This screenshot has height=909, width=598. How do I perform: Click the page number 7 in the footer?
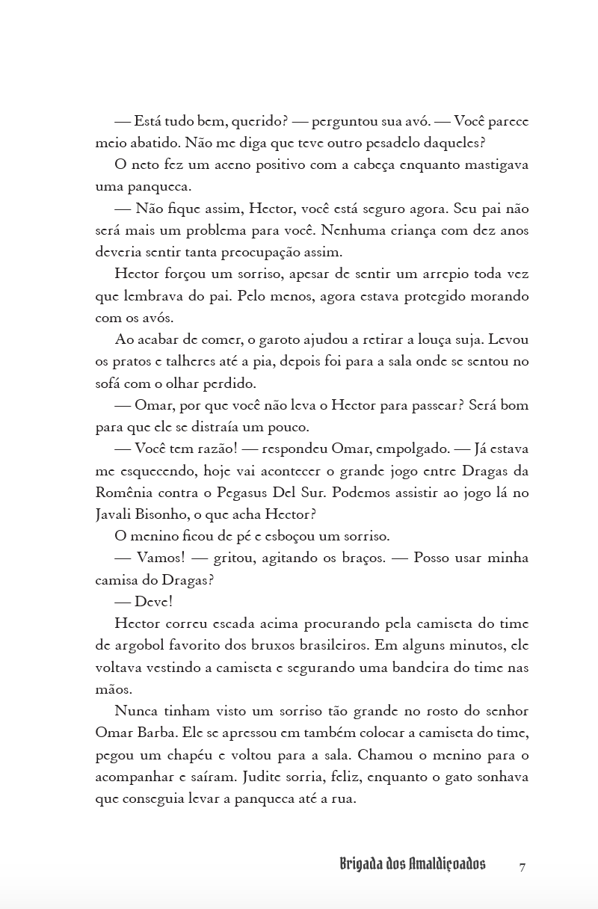[523, 866]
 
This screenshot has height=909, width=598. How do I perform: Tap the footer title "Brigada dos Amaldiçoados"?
[412, 865]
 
